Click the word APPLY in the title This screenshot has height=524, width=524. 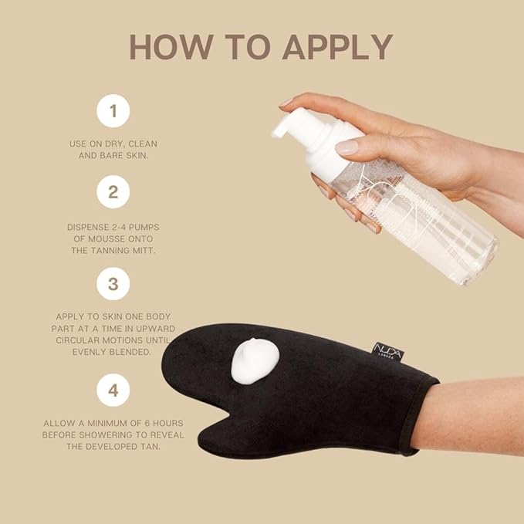337,47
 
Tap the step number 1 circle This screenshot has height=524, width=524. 113,110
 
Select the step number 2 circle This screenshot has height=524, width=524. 113,192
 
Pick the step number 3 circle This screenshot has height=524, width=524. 113,284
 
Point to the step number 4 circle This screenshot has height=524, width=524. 113,390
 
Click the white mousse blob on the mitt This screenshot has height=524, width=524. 255,360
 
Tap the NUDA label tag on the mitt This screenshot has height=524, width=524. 389,350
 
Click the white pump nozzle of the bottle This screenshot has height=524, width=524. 283,127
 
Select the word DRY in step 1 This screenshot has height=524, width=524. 115,144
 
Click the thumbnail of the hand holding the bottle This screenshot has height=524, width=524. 347,147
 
